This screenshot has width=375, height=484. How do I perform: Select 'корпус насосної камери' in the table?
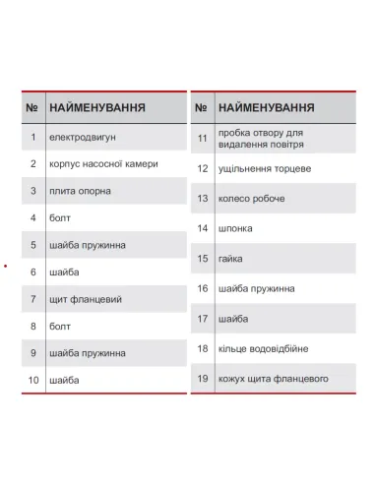[103, 163]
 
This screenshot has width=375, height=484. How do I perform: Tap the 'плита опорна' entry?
[80, 191]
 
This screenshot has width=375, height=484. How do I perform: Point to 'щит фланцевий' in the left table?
[84, 298]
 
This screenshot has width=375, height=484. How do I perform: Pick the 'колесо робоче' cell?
[252, 199]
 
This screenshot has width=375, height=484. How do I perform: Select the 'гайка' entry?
[231, 259]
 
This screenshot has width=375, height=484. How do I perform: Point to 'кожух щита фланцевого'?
[274, 379]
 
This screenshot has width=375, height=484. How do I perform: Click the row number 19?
[202, 379]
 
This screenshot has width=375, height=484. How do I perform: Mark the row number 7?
[32, 298]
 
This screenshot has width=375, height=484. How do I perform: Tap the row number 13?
[202, 199]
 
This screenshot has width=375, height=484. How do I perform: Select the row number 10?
[32, 379]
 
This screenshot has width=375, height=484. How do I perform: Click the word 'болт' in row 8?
[60, 325]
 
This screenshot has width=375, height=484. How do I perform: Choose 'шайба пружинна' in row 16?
[257, 288]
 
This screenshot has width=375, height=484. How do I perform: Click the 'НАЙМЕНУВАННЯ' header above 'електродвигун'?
[97, 106]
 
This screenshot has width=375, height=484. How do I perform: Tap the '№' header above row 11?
[201, 106]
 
